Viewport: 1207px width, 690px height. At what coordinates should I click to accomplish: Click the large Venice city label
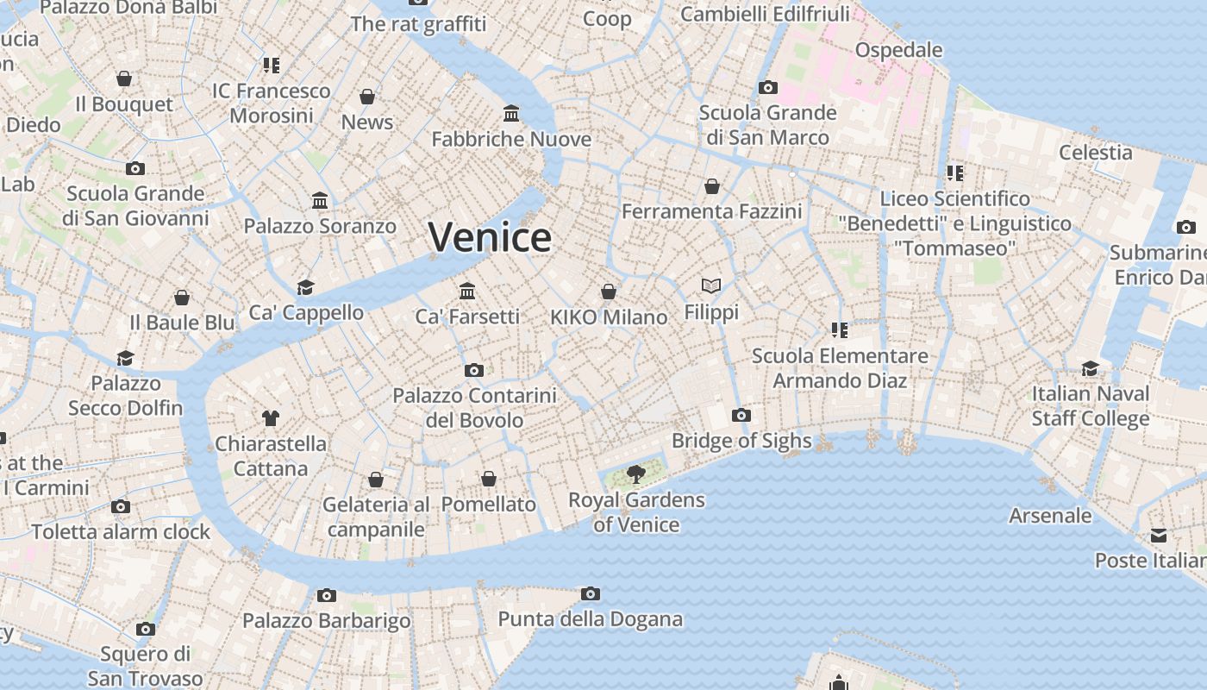(490, 237)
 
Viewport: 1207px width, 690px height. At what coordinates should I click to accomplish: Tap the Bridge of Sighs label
(741, 442)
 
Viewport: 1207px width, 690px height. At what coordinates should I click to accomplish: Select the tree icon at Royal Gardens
(636, 474)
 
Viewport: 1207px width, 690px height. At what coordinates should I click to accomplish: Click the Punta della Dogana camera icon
(590, 593)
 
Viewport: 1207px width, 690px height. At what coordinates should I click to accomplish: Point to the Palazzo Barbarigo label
(326, 621)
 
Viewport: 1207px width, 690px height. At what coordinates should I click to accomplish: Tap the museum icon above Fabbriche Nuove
(511, 114)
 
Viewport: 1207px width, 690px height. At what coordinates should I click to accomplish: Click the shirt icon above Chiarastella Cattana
(271, 418)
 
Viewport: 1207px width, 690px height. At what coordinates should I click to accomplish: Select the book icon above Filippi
(711, 285)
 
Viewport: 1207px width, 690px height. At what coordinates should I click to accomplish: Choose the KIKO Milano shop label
(609, 317)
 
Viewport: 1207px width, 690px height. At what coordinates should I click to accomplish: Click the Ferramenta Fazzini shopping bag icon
(712, 186)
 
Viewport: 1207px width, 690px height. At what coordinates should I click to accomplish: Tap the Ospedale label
(898, 50)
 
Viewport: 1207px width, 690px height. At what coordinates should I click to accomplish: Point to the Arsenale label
(1050, 516)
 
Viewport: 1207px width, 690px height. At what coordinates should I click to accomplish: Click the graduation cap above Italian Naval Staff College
(1090, 368)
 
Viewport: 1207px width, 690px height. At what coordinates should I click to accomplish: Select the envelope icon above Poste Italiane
(1159, 536)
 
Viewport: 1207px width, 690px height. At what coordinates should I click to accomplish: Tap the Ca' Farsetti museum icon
(467, 291)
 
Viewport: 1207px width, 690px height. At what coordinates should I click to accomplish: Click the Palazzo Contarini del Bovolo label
(474, 408)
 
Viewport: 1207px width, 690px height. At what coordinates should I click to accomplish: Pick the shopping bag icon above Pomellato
(489, 479)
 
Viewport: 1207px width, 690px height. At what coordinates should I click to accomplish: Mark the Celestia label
(1095, 153)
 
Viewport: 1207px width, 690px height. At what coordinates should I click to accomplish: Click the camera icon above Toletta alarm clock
(121, 506)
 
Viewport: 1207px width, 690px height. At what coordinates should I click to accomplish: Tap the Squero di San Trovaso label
(145, 666)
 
